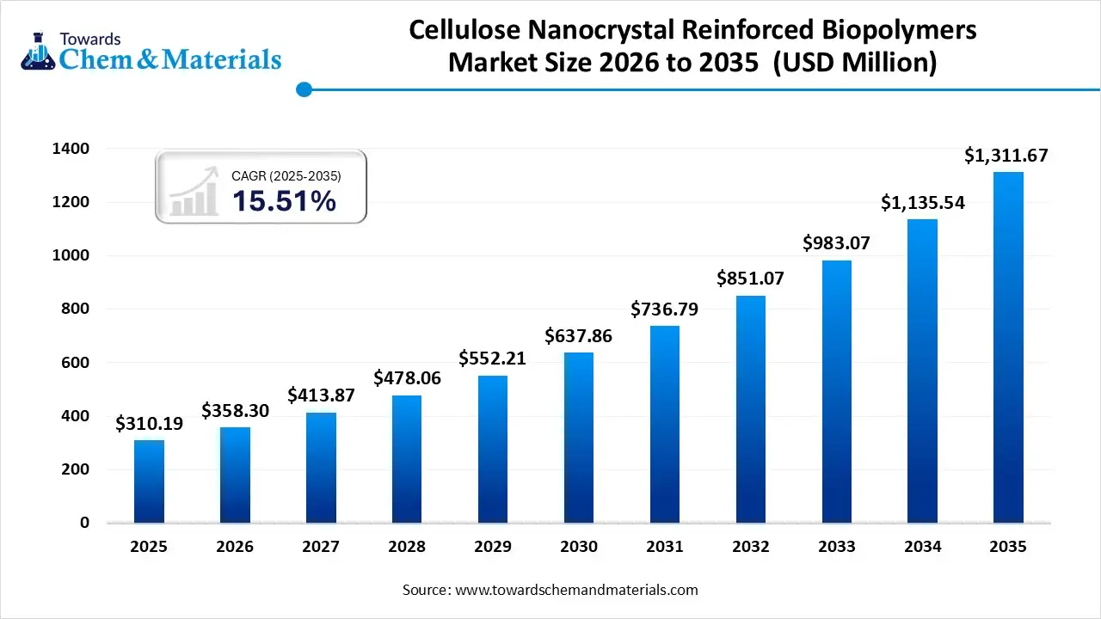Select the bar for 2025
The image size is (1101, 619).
(149, 481)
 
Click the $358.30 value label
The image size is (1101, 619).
(236, 411)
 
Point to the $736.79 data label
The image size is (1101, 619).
(665, 309)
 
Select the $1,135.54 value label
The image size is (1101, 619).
(923, 203)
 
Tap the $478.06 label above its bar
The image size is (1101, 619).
(407, 378)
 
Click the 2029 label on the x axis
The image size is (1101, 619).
(493, 547)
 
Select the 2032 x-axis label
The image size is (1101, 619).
(751, 547)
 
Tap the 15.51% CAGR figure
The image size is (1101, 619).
(284, 201)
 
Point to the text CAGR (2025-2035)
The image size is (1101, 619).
(286, 175)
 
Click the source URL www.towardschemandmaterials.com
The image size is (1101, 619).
(575, 591)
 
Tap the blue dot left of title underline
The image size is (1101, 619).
(303, 89)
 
